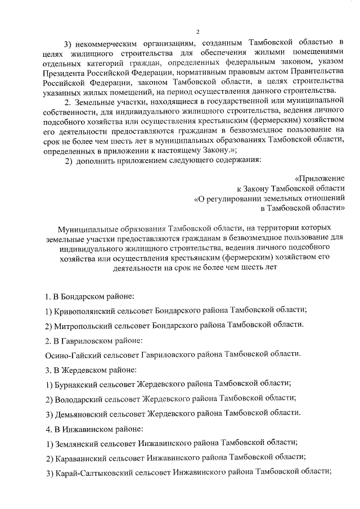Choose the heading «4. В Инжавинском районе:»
pos(92,428)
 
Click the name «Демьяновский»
pos(81,413)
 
